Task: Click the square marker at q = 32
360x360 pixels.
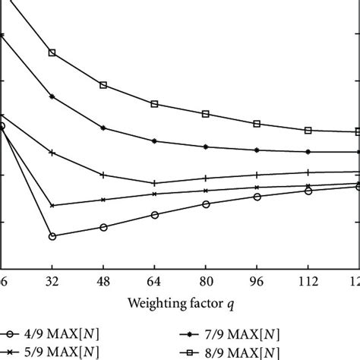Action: tap(52, 53)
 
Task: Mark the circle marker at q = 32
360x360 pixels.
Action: tap(52, 236)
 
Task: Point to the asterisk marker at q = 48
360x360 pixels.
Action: tap(103, 128)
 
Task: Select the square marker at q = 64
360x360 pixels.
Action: tap(154, 103)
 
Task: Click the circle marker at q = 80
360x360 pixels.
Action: tap(206, 204)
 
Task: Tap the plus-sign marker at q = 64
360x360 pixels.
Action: tap(154, 183)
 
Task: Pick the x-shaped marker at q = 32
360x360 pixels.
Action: tap(52, 206)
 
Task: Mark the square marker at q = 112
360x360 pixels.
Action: tap(308, 131)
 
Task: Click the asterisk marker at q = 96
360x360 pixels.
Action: tap(257, 150)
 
